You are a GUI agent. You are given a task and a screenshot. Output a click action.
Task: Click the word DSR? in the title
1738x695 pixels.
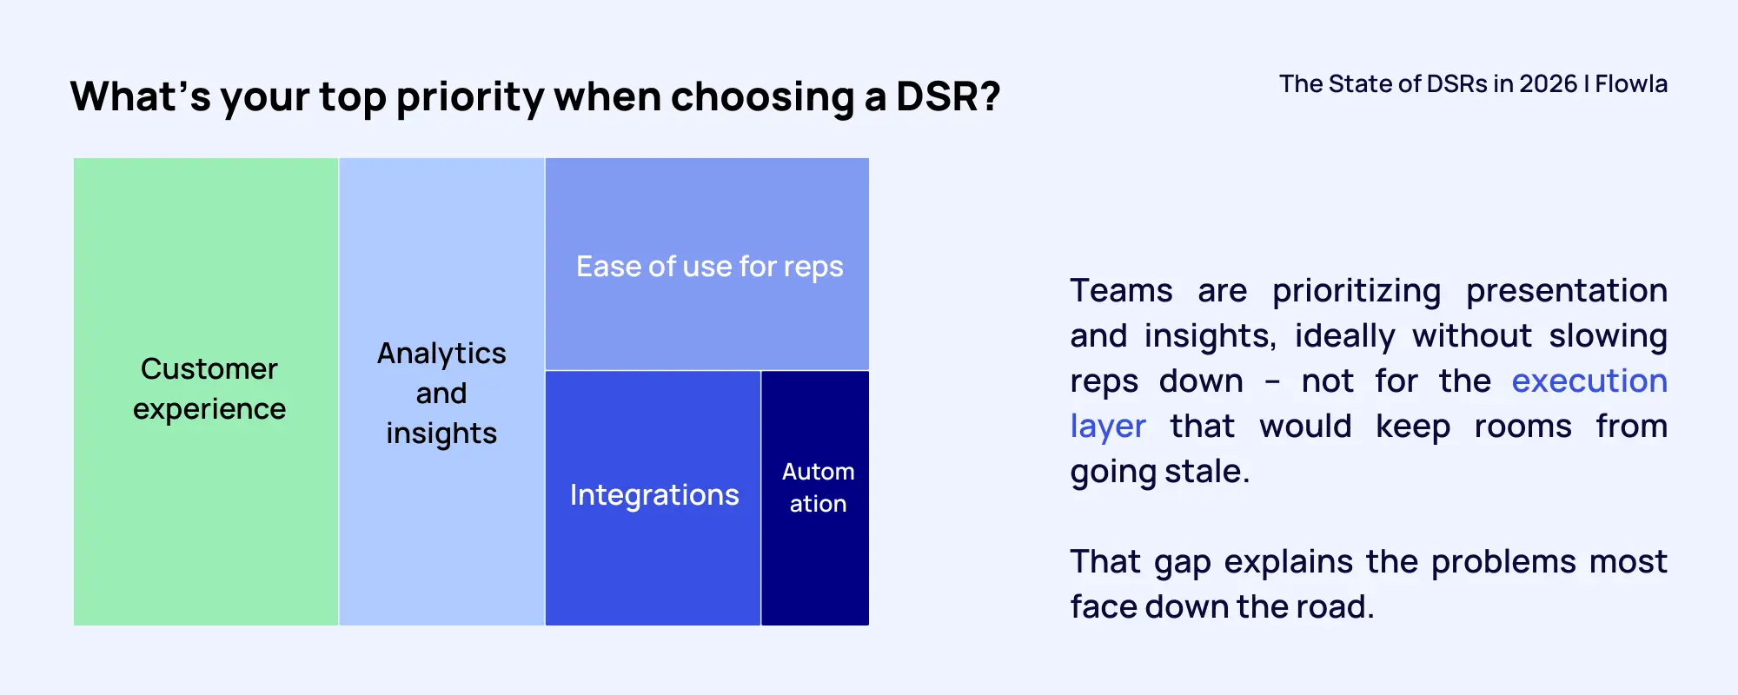click(948, 96)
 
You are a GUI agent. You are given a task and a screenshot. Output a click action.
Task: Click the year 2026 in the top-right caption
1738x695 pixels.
click(1548, 84)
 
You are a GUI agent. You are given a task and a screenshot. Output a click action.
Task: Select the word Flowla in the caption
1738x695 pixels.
click(1631, 84)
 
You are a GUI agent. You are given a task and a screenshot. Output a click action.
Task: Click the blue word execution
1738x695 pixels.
click(1589, 381)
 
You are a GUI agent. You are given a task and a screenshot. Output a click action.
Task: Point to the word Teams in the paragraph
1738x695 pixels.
click(1121, 291)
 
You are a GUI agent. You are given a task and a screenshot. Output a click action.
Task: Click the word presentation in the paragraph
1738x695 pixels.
click(1566, 291)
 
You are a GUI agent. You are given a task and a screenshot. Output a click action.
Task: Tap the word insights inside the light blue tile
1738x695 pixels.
click(441, 434)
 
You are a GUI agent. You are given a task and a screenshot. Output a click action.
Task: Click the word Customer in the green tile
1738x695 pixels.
click(209, 369)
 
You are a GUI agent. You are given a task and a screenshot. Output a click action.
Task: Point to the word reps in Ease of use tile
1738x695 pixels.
click(813, 268)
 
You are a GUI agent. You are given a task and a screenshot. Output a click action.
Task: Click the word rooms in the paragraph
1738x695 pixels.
click(1522, 427)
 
